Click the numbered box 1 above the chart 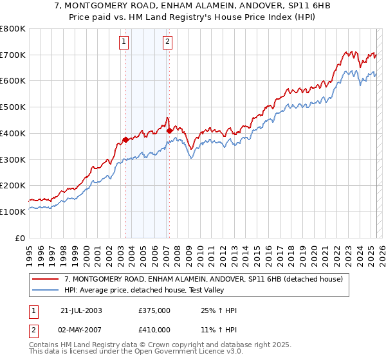point(123,42)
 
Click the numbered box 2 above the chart point(167,42)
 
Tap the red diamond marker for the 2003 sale point(125,139)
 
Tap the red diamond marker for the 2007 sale point(169,130)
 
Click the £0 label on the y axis point(20,238)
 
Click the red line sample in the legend point(45,279)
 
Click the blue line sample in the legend point(45,290)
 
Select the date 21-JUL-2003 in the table point(82,311)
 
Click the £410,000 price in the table point(154,329)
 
